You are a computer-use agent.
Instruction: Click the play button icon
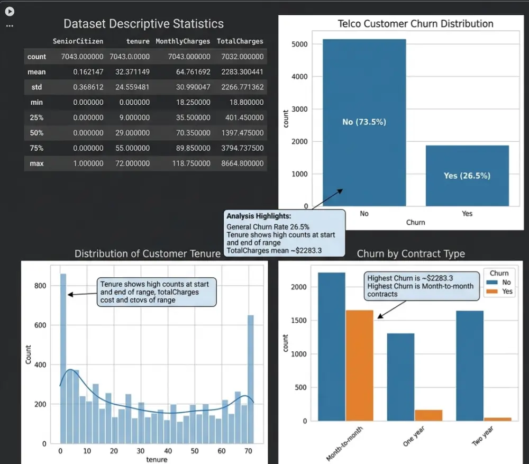coord(10,12)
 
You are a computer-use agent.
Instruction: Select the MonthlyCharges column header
coord(183,41)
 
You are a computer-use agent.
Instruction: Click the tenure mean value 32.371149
coord(132,72)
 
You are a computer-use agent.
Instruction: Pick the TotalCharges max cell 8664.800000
coord(242,163)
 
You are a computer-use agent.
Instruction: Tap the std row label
coord(37,87)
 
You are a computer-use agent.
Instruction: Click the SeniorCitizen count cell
coord(82,57)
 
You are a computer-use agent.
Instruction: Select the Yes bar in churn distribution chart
coord(467,176)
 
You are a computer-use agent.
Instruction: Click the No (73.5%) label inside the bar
coord(364,122)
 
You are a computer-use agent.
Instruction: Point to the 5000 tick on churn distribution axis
coord(299,44)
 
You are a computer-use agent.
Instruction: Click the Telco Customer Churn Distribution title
coord(415,24)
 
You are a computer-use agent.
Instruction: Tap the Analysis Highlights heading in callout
coord(259,216)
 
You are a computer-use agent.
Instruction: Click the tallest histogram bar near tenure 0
coord(63,358)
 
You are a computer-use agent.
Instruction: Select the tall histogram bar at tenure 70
coord(250,379)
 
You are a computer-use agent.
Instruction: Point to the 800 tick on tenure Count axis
coord(40,286)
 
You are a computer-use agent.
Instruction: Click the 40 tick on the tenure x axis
coord(168,451)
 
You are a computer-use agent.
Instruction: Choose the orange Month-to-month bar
coord(359,366)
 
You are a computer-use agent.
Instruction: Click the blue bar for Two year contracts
coord(470,366)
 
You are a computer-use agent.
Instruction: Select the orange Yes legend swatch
coord(492,291)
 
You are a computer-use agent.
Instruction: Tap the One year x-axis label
coord(414,436)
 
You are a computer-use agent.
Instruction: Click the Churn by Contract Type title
coord(411,254)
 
